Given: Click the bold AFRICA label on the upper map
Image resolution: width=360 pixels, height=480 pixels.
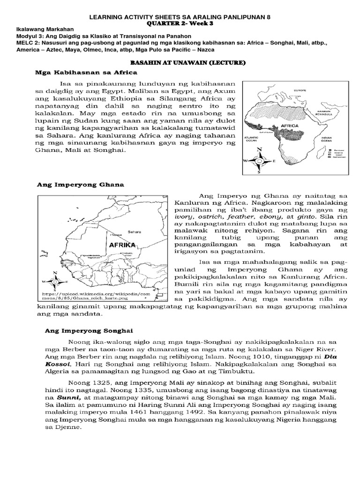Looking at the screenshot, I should (x=289, y=126).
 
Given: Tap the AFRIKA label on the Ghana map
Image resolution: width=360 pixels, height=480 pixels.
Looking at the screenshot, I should (x=122, y=245).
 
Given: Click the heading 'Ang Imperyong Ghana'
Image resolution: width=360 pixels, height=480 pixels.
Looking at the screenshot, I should (x=80, y=185).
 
